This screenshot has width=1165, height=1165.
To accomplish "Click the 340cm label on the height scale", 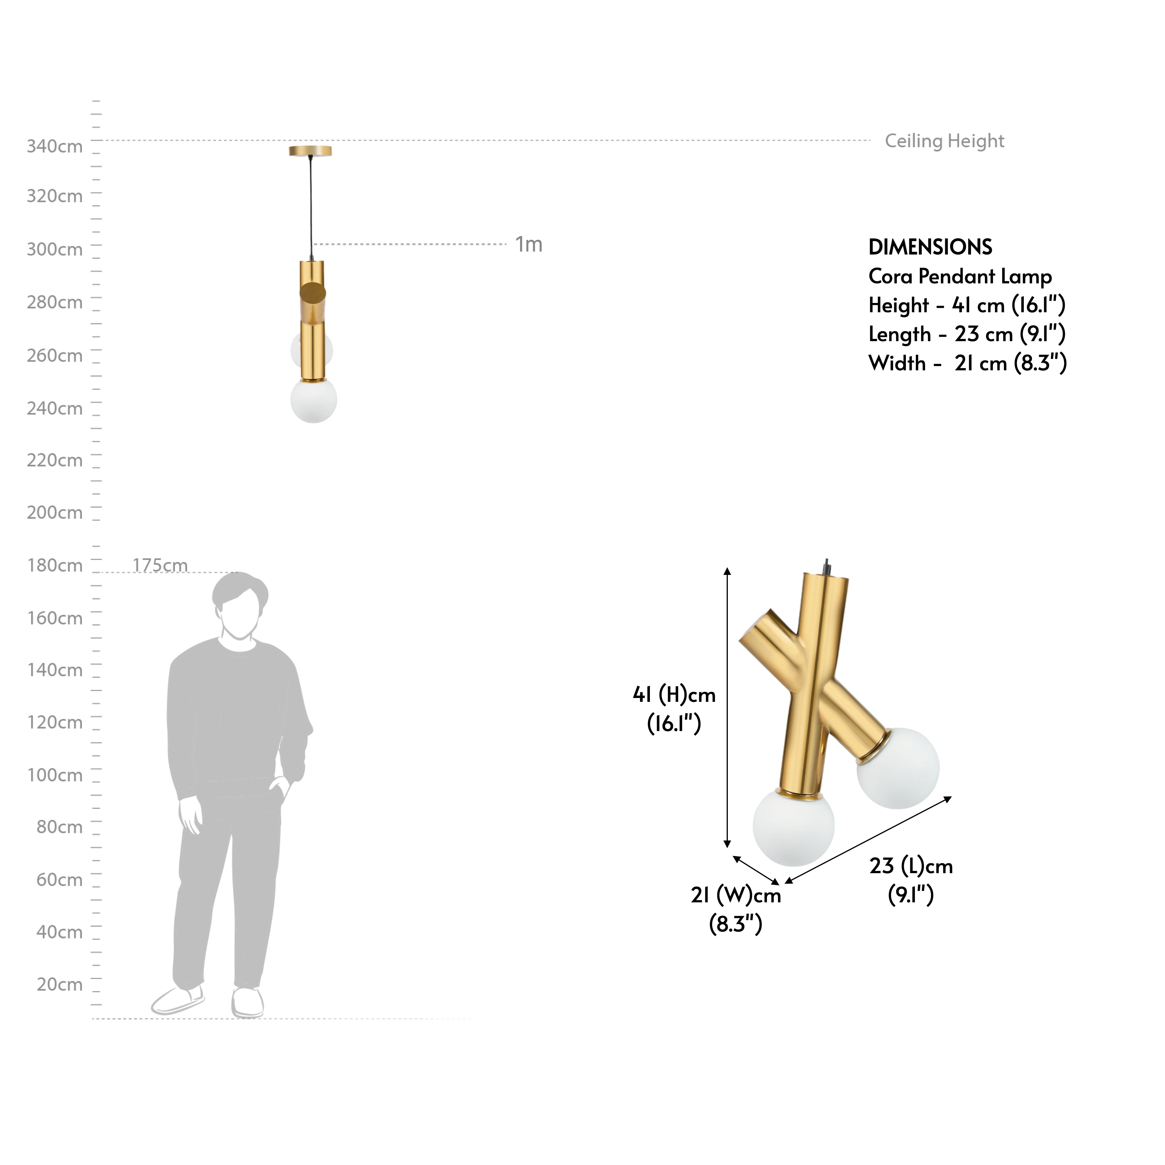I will point(54,147).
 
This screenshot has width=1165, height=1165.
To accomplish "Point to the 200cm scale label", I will point(54,512).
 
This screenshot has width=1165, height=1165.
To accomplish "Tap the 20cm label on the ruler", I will point(59,984).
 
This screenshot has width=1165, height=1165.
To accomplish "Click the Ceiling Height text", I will point(944,141).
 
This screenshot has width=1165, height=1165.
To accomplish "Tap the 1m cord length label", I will point(528,244).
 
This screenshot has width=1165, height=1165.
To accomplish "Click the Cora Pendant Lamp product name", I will point(959,276).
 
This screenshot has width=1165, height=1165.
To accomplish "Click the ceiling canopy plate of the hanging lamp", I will point(310,151).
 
